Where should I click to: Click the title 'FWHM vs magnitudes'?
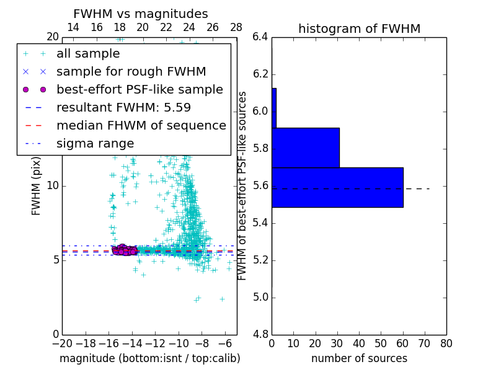click(x=141, y=14)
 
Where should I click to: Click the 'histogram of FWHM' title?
click(x=359, y=29)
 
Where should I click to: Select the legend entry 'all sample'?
click(x=88, y=54)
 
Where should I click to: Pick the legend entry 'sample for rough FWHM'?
click(x=131, y=72)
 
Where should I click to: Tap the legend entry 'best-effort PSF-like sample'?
click(x=139, y=90)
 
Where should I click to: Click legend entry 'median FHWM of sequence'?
click(x=141, y=126)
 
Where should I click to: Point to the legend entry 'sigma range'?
click(x=95, y=144)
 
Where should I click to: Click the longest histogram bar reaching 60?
click(x=337, y=187)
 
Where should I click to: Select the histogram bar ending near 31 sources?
click(x=306, y=148)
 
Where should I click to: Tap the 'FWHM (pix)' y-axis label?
click(x=37, y=185)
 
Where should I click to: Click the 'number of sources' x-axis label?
click(x=359, y=358)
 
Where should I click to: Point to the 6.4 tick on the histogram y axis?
click(x=260, y=37)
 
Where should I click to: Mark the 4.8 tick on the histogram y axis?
click(x=260, y=334)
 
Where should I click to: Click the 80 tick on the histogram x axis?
click(x=446, y=343)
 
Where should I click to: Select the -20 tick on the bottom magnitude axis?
click(x=62, y=343)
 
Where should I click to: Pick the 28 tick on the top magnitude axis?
click(x=236, y=27)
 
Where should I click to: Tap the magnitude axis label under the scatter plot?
click(x=149, y=358)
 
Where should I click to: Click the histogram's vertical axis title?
click(x=243, y=185)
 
